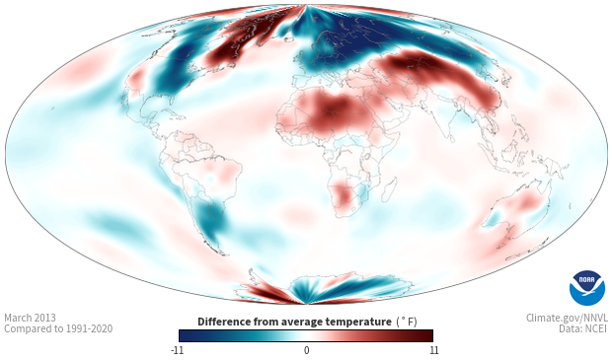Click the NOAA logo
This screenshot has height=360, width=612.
click(x=587, y=288)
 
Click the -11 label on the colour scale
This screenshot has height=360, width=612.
click(x=177, y=350)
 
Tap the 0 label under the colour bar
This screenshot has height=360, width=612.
click(x=306, y=350)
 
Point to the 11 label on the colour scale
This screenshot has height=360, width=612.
click(x=434, y=350)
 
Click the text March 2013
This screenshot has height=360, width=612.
click(x=30, y=318)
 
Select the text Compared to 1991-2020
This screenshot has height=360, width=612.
click(x=58, y=328)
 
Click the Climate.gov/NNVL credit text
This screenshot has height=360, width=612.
click(x=567, y=318)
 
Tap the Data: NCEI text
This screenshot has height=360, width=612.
click(x=583, y=328)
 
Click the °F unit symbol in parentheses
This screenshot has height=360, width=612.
click(x=407, y=322)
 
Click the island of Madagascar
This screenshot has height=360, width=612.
click(x=390, y=189)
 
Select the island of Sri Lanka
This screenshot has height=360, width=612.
click(x=451, y=138)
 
